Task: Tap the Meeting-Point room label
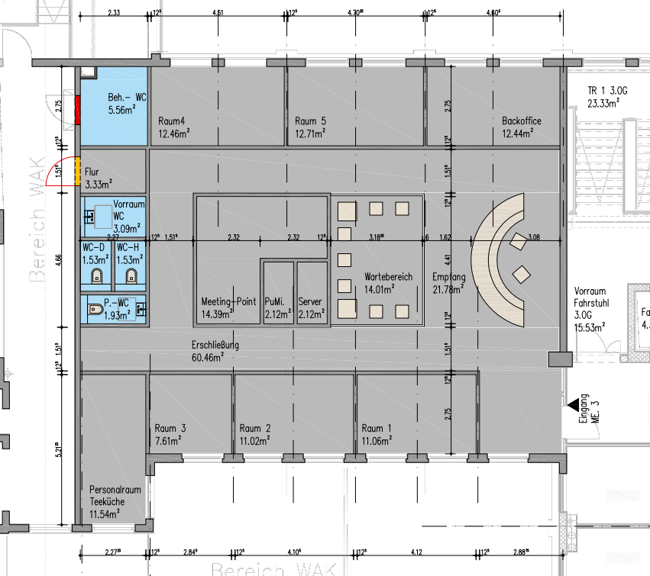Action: coord(228,307)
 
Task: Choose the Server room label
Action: coord(311,307)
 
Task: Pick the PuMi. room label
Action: coord(276,307)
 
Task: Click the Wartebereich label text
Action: coord(389,282)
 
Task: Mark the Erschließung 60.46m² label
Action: coord(215,351)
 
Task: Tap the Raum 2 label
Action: coord(256,434)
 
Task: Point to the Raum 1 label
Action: coord(378,434)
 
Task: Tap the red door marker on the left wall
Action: coord(77,112)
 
